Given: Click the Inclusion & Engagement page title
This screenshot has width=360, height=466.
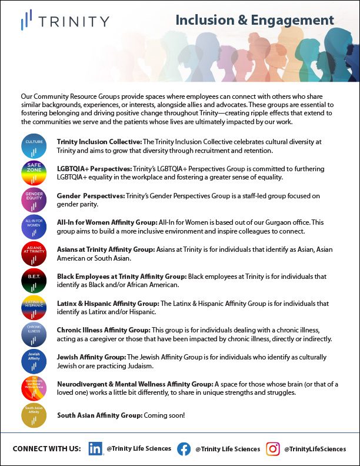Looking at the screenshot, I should [255, 20].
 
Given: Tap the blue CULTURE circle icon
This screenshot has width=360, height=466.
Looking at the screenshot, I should [34, 145].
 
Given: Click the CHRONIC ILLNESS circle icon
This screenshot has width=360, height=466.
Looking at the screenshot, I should [34, 334].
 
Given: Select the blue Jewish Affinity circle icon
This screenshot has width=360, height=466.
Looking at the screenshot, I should [34, 361].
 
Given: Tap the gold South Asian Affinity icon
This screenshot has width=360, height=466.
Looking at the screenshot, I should [34, 415].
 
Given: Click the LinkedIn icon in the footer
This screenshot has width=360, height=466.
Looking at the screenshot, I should [96, 448].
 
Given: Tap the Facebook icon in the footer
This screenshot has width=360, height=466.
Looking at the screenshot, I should [184, 448].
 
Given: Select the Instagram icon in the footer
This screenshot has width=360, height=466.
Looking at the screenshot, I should [273, 448].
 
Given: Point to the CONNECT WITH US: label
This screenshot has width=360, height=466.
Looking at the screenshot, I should [46, 449].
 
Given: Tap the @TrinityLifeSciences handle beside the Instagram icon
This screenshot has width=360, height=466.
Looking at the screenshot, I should [315, 449].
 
